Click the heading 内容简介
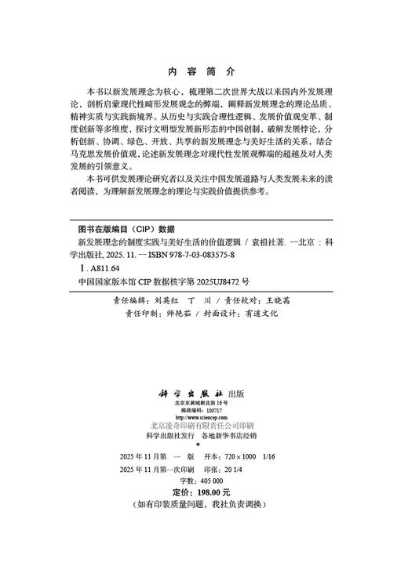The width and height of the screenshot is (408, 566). point(203,68)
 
